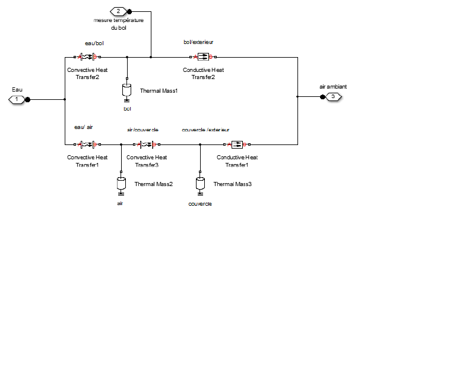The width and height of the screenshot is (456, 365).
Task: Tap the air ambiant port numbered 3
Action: click(x=333, y=96)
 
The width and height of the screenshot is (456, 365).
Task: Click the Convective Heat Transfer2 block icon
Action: click(x=87, y=57)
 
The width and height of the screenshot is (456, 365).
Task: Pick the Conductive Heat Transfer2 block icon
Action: click(x=203, y=57)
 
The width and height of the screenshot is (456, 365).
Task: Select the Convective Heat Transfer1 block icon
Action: click(x=87, y=144)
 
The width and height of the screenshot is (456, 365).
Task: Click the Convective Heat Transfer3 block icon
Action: click(x=147, y=144)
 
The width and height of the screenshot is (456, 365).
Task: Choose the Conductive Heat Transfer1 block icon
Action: click(x=237, y=144)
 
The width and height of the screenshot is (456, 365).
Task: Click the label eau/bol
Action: click(x=94, y=43)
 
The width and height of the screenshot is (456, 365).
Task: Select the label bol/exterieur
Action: click(x=198, y=43)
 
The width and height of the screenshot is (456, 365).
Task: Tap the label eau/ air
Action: click(x=84, y=127)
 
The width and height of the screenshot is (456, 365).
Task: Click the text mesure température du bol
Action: click(x=118, y=24)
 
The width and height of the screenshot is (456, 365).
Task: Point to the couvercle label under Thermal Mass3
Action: click(x=200, y=204)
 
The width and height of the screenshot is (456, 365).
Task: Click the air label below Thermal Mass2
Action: click(x=121, y=203)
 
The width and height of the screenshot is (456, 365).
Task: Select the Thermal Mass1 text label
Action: click(x=159, y=91)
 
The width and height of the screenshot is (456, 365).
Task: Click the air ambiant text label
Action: click(x=333, y=86)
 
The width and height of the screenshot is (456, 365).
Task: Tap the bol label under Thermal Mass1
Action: click(x=127, y=109)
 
